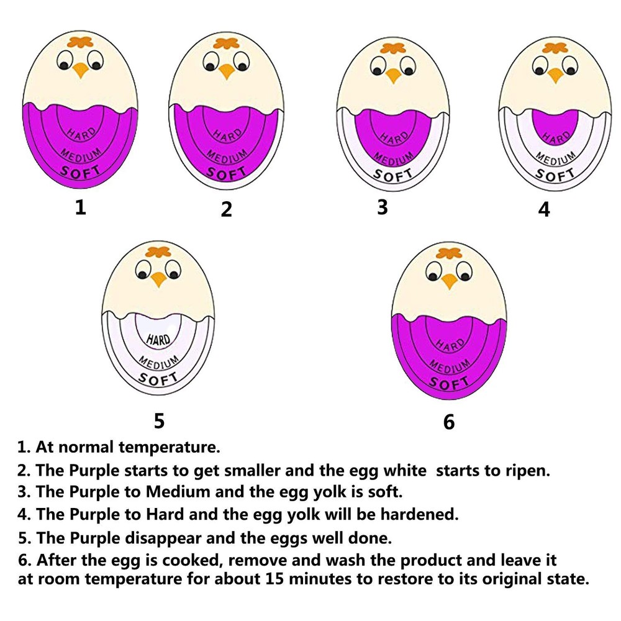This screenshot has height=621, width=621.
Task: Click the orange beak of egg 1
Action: (x=81, y=70)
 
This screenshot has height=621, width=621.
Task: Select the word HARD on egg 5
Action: (x=160, y=340)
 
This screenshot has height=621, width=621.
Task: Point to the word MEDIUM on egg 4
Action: (x=554, y=160)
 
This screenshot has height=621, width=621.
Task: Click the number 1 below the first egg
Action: (x=79, y=207)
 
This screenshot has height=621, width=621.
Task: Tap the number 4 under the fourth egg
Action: (x=544, y=209)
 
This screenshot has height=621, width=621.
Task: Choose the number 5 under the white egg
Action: (x=159, y=421)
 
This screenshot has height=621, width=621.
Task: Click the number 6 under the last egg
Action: (x=449, y=422)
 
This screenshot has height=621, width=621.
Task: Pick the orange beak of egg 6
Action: (x=449, y=281)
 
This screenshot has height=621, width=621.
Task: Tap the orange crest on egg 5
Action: (x=158, y=252)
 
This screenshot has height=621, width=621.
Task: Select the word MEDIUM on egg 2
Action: (x=227, y=153)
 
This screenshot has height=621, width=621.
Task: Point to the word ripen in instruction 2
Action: (x=526, y=470)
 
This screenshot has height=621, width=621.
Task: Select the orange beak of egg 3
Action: (x=392, y=76)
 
